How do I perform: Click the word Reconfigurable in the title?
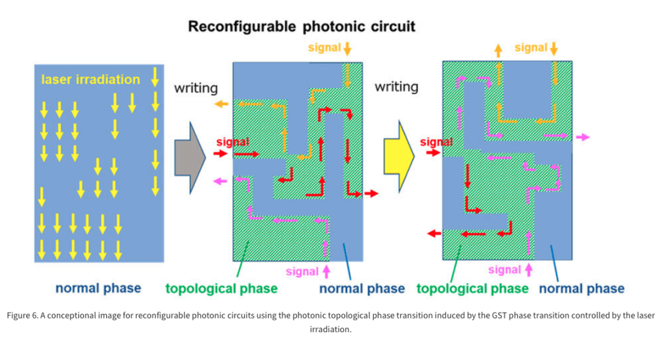(242, 27)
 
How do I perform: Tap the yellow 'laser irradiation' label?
(91, 80)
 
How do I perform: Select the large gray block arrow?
(190, 157)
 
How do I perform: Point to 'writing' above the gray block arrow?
(196, 88)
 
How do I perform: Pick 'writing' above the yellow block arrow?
(396, 87)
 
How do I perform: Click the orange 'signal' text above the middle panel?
(324, 48)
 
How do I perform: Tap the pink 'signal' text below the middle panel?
(302, 271)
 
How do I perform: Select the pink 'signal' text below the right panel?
(504, 270)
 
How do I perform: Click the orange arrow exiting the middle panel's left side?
(221, 104)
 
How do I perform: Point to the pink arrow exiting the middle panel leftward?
(220, 181)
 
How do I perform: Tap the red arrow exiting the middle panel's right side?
(371, 194)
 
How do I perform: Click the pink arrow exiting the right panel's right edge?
(583, 137)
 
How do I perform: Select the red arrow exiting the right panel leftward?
(434, 234)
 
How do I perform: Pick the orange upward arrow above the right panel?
(499, 51)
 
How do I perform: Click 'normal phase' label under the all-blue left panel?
(98, 289)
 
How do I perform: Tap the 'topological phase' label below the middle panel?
(221, 289)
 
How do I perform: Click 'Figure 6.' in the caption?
(23, 315)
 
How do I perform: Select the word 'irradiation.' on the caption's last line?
(330, 329)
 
